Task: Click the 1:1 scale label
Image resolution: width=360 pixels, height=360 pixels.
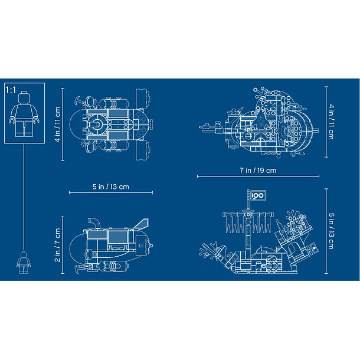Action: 11,90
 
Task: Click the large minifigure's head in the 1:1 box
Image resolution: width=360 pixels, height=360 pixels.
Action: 24,97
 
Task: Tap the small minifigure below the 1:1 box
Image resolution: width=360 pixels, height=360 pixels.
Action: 24,263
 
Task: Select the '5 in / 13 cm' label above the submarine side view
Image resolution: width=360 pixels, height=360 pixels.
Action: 111,186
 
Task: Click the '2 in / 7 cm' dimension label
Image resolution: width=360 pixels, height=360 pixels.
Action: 57,245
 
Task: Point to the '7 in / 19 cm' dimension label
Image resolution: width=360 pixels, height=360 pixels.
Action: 258,171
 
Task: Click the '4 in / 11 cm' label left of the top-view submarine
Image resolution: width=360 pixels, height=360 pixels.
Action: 57,124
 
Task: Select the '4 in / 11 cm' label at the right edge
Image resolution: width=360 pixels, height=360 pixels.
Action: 331,122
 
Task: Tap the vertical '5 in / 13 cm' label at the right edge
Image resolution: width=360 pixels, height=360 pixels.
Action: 331,231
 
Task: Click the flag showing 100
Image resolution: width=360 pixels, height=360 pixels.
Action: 258,195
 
